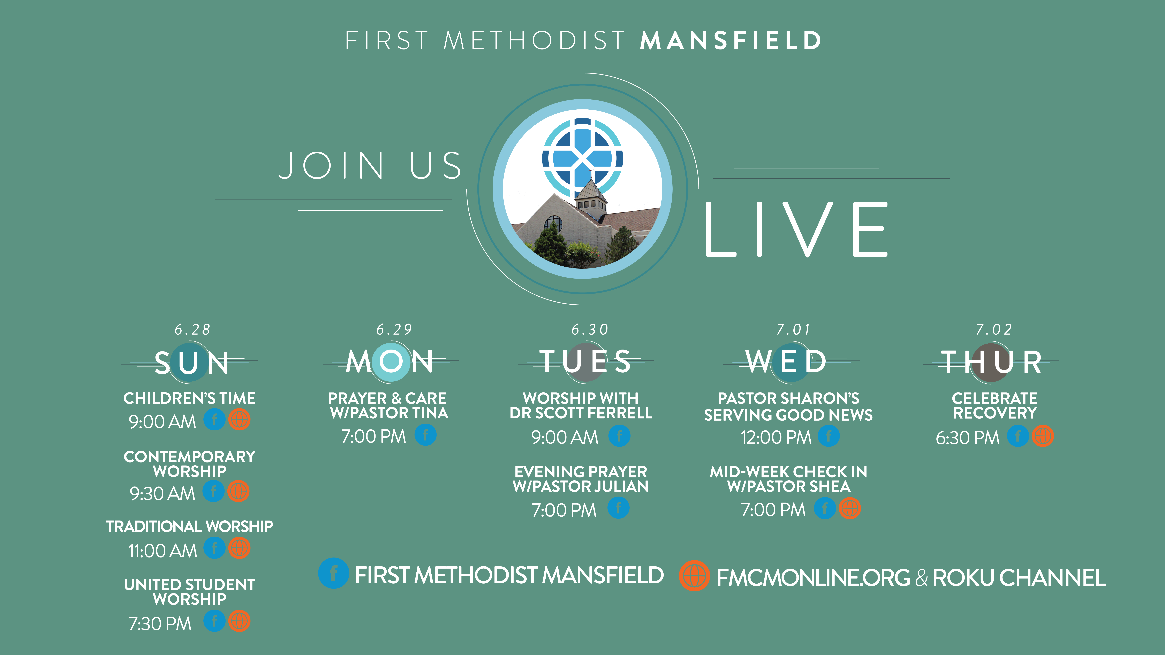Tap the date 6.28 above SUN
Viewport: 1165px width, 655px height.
pyautogui.click(x=193, y=329)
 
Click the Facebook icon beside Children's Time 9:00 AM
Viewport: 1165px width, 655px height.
pyautogui.click(x=214, y=420)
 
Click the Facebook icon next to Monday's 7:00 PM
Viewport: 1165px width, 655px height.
pyautogui.click(x=426, y=435)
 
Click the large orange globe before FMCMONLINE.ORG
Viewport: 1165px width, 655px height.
pyautogui.click(x=694, y=576)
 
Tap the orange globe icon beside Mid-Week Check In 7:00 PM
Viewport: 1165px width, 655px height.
pyautogui.click(x=850, y=509)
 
